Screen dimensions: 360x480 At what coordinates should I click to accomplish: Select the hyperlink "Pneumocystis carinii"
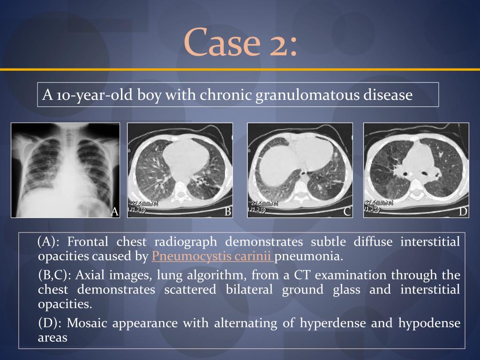[x=212, y=256]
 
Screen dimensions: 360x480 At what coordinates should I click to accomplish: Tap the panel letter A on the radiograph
[x=114, y=212]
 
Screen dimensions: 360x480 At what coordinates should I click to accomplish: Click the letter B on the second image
[x=228, y=212]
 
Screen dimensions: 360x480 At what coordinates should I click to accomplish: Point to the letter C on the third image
[x=347, y=212]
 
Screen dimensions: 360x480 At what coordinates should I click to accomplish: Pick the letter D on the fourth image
[x=463, y=212]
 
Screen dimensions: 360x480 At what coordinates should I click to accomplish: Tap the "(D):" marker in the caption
[x=50, y=323]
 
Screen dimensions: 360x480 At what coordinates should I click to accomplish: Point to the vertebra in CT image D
[x=417, y=191]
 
